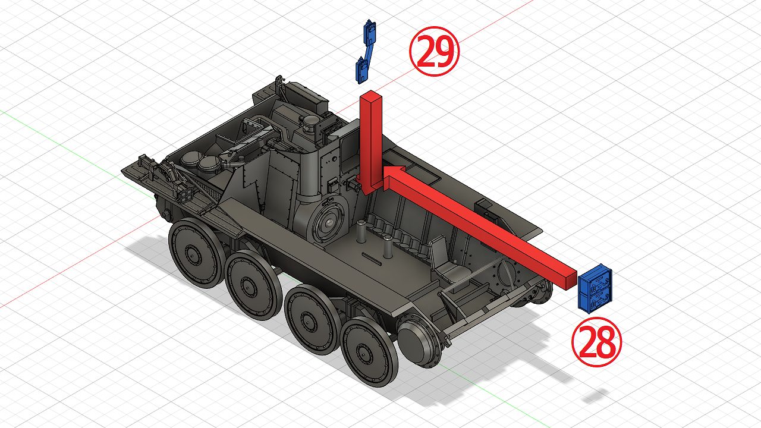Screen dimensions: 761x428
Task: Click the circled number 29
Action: click(434, 51)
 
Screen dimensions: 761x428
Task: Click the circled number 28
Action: click(596, 342)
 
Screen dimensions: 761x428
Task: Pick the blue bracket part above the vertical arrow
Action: click(366, 51)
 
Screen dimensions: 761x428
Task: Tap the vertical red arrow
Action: click(370, 143)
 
